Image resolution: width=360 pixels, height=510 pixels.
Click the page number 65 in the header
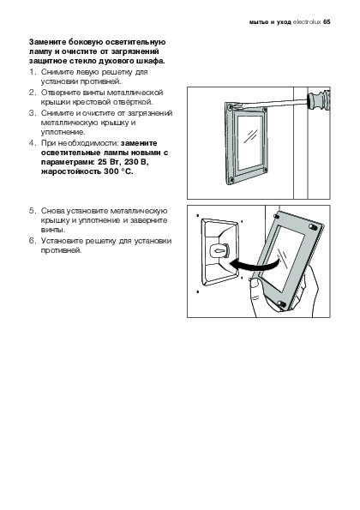[327, 22]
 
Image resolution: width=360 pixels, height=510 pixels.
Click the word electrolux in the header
[307, 22]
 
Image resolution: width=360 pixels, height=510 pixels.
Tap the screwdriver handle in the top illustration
[318, 101]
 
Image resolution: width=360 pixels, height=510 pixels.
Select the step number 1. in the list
[33, 71]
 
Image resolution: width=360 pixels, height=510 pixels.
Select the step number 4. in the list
[33, 143]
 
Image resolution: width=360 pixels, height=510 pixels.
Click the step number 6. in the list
[33, 241]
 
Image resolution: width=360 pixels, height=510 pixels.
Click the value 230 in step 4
[131, 162]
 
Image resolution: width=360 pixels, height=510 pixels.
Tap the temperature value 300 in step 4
[111, 171]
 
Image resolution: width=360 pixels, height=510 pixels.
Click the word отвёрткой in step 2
[132, 102]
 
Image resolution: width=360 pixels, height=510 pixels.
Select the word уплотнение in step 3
[63, 132]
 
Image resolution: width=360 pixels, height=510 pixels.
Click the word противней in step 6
[61, 250]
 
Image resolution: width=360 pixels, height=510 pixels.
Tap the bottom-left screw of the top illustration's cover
[231, 179]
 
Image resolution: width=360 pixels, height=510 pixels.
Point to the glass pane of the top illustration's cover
[249, 142]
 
